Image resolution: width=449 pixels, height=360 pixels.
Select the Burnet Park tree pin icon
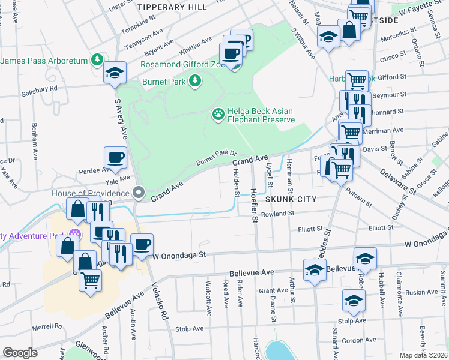194,80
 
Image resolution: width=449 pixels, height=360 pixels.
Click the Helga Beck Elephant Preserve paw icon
218,113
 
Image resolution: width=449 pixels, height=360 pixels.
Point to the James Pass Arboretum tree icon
96,60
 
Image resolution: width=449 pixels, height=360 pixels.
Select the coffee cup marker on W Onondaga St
142,244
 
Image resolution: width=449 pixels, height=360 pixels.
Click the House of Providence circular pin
139,193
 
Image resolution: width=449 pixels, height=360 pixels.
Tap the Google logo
20,353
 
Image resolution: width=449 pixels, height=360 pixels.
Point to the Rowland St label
277,213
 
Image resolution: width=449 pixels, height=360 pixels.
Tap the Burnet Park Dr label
217,158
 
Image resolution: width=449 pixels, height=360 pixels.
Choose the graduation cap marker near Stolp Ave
354,301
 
